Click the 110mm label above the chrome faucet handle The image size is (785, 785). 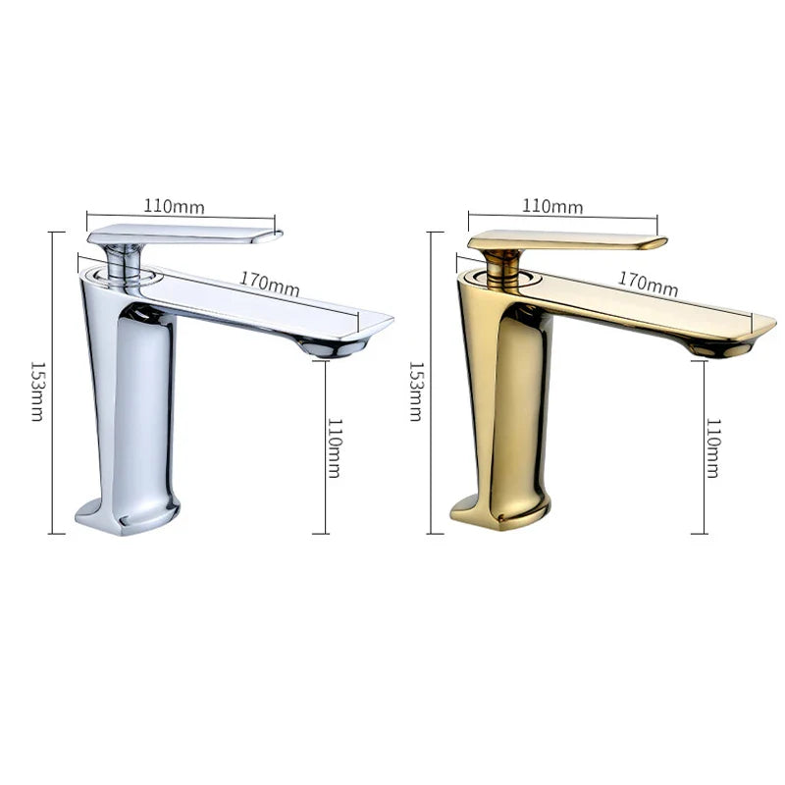tap(175, 206)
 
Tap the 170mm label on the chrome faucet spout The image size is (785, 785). tap(270, 284)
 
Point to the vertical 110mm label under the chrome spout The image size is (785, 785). tap(335, 447)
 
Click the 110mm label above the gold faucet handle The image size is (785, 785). tap(552, 206)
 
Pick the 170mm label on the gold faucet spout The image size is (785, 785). tap(648, 284)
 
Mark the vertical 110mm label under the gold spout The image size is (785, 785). tap(713, 447)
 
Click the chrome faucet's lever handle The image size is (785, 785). tap(186, 235)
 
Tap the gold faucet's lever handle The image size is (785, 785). tap(567, 240)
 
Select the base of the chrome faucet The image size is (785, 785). tap(128, 514)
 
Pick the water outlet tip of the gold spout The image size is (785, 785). tap(716, 347)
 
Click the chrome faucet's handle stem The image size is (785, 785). tap(122, 261)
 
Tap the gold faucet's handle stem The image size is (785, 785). tap(502, 265)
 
